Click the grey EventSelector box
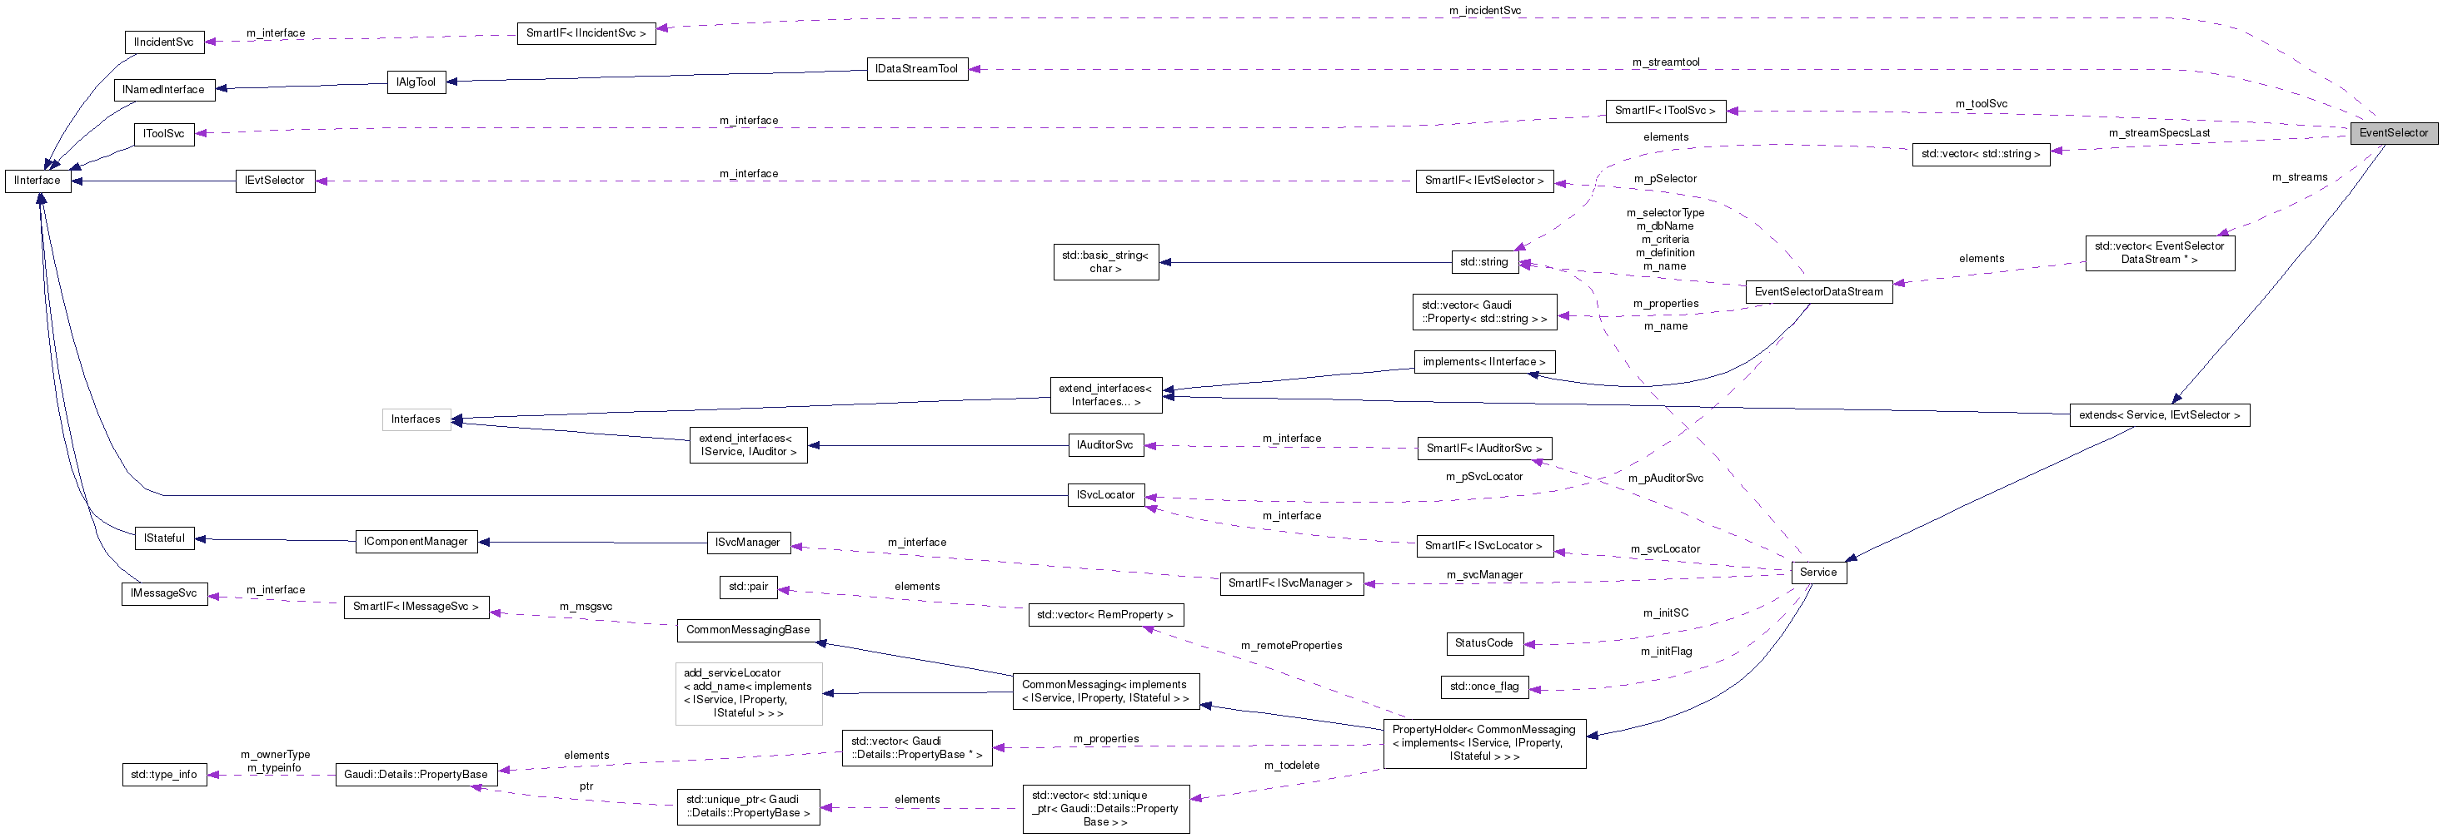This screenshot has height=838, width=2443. (2393, 132)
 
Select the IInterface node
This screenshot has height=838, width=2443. (38, 180)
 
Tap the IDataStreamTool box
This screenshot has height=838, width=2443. (916, 69)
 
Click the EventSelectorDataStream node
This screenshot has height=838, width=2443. (1818, 292)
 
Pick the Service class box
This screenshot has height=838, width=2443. (1818, 573)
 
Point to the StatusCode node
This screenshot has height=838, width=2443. (1483, 643)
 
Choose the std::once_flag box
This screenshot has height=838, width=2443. (1483, 687)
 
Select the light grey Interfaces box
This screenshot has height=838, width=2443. (416, 419)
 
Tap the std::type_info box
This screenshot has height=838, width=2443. (164, 775)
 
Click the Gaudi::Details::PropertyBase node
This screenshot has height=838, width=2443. (416, 775)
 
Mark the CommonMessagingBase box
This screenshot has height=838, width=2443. (747, 629)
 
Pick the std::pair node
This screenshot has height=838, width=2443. (747, 587)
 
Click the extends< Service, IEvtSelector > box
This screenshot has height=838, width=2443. (2158, 415)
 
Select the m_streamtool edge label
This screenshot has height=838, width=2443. (1665, 62)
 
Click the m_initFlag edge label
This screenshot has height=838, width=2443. (1665, 652)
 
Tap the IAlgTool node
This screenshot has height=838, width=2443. (416, 82)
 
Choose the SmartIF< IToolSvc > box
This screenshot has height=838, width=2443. (1664, 111)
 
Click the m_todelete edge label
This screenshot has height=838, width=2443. (1291, 765)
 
